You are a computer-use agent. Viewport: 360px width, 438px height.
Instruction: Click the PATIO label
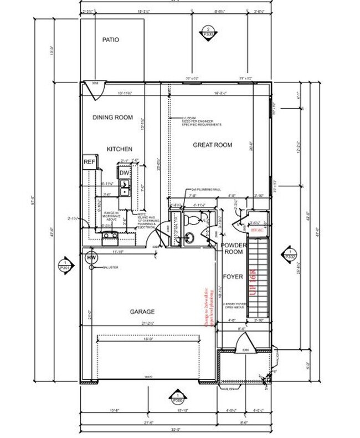tap(111, 40)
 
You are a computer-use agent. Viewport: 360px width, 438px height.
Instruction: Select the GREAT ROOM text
tap(212, 145)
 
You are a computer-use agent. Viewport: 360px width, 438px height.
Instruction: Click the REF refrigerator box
tap(89, 162)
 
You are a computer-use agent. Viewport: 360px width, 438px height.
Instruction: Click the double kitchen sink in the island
tap(125, 192)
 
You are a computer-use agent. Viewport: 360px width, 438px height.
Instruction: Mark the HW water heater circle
tap(89, 257)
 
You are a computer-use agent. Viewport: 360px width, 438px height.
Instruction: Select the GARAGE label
tap(143, 312)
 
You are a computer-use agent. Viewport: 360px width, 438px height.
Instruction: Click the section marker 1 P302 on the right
tap(289, 254)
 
